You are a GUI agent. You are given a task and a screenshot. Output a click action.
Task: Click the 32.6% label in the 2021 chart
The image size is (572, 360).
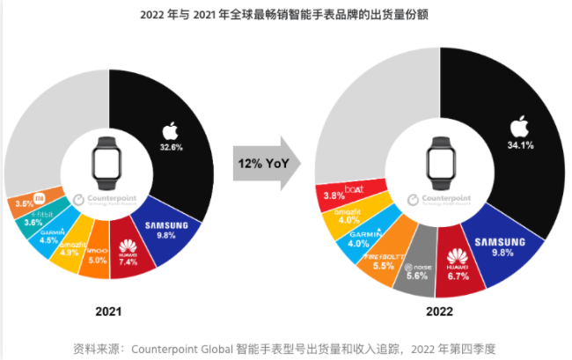coord(172,147)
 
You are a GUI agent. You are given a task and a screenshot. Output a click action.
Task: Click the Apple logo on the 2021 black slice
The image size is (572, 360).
coord(170,132)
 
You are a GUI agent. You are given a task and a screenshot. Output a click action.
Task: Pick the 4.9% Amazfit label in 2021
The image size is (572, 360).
coord(70,253)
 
